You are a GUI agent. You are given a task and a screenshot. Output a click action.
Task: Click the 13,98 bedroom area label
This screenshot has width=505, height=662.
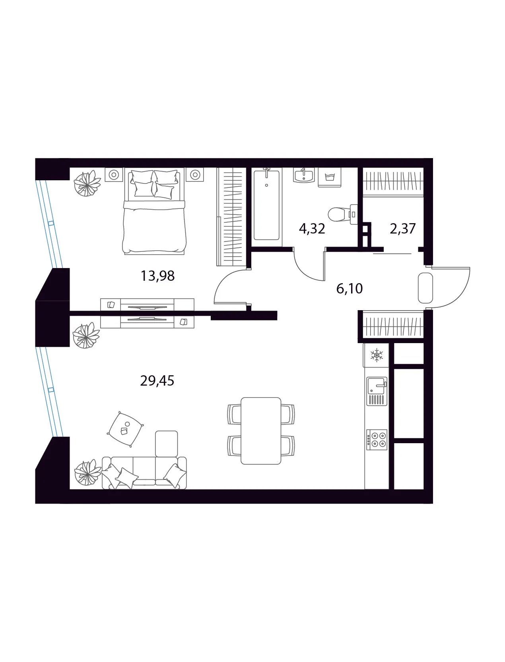click(157, 276)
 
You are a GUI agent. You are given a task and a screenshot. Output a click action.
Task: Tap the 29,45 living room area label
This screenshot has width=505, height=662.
click(157, 380)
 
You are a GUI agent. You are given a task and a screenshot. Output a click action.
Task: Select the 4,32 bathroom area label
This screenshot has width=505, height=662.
click(312, 229)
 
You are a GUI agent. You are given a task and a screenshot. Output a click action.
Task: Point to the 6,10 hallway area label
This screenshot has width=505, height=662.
click(349, 289)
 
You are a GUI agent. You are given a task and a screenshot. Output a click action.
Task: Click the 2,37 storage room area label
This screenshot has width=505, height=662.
click(403, 229)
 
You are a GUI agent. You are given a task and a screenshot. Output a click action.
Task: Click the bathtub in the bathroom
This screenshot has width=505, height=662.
click(266, 205)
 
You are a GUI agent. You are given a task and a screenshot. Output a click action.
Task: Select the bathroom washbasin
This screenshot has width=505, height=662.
click(304, 175)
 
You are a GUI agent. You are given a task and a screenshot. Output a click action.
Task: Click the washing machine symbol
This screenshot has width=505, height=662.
click(330, 178)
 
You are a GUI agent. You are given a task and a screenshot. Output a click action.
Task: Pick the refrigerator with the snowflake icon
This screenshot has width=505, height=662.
click(377, 355)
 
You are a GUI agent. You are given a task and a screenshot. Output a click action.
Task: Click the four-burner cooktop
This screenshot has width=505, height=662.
click(377, 440)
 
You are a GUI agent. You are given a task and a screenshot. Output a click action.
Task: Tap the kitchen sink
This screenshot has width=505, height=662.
click(377, 391)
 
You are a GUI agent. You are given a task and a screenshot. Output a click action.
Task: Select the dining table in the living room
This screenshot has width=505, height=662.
click(261, 430)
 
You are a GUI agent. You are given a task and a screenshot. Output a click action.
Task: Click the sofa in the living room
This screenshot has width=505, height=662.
click(144, 473)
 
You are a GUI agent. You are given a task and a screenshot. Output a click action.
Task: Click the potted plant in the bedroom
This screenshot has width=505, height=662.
click(87, 183)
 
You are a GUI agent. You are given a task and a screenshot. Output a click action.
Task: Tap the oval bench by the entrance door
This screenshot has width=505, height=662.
click(425, 288)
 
